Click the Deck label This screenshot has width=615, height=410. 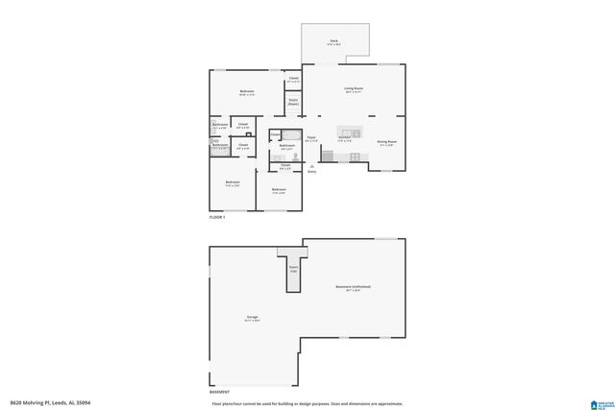[x=333, y=40]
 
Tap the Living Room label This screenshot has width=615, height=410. [x=354, y=88]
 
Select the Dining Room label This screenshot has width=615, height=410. [x=386, y=141]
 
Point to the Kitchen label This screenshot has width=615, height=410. [x=343, y=137]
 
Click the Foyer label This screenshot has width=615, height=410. [x=311, y=137]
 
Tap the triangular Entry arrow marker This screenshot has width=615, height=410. [x=311, y=165]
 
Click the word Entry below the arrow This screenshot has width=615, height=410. [x=311, y=172]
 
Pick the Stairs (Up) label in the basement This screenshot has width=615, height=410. [x=293, y=270]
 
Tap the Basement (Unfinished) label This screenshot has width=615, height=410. [x=353, y=287]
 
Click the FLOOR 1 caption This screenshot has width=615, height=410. [x=217, y=218]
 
